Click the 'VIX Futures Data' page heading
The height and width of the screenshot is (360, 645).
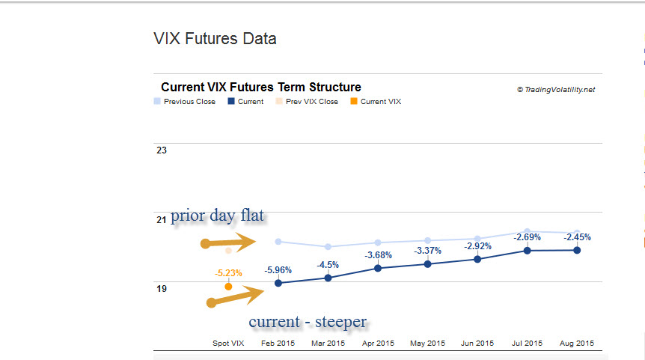click(x=215, y=38)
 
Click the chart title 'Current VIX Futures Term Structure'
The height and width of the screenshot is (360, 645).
click(x=261, y=88)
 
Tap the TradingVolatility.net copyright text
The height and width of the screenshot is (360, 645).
click(x=556, y=89)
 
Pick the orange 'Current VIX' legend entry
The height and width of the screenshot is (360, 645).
click(x=380, y=102)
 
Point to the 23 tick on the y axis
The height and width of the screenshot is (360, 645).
click(x=162, y=150)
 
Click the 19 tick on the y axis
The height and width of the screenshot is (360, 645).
click(x=162, y=288)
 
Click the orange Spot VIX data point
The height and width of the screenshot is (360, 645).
click(x=228, y=287)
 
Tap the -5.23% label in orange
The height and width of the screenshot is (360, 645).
click(x=228, y=273)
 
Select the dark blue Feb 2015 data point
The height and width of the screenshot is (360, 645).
click(x=278, y=283)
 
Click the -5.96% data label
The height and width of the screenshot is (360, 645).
click(x=278, y=270)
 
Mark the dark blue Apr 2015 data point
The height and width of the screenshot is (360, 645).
click(x=378, y=268)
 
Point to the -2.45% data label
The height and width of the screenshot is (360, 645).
click(x=577, y=237)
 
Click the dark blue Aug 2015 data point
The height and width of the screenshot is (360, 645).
click(x=577, y=250)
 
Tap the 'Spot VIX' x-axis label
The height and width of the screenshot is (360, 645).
click(x=228, y=344)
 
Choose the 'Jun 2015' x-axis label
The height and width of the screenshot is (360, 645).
click(x=477, y=344)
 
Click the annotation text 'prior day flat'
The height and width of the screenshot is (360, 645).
click(x=217, y=217)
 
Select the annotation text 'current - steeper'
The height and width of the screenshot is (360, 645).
click(x=308, y=322)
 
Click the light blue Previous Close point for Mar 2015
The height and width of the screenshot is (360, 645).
click(x=328, y=246)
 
